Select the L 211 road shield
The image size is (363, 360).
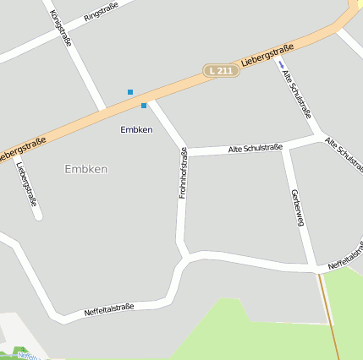click(x=220, y=71)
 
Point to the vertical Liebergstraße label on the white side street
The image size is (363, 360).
click(x=26, y=183)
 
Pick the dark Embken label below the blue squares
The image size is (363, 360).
click(x=136, y=129)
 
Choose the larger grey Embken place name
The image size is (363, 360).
click(x=86, y=169)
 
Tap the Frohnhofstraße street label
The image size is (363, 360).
click(x=183, y=173)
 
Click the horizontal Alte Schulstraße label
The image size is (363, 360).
click(x=255, y=148)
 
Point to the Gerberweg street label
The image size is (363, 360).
click(x=296, y=208)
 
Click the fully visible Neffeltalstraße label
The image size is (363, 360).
click(x=109, y=311)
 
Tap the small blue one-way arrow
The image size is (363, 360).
click(x=282, y=63)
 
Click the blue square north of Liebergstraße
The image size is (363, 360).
click(x=130, y=91)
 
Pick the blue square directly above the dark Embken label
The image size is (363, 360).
click(x=144, y=105)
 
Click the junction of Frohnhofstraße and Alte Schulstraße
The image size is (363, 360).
click(x=185, y=152)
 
